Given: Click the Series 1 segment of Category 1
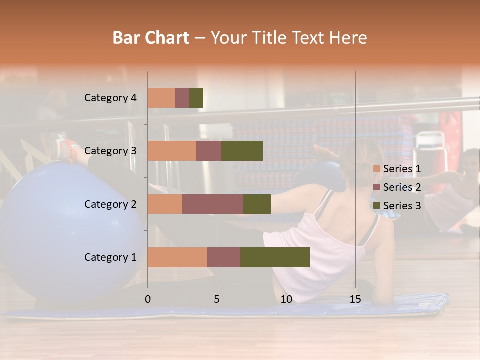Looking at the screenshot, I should [x=177, y=257].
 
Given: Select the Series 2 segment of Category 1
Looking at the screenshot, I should [x=224, y=257].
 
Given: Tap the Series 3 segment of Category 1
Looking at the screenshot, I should [x=275, y=257].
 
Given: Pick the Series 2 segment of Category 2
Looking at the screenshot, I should [x=213, y=204].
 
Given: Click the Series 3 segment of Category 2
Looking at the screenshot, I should [x=257, y=204].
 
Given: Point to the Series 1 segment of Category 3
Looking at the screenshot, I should [x=172, y=151].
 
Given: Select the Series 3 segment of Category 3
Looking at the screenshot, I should [x=242, y=151].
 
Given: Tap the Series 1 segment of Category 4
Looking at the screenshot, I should [x=161, y=98].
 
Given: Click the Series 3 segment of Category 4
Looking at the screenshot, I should [x=196, y=98].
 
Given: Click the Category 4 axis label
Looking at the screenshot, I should [x=110, y=98].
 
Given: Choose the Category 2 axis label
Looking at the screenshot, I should [x=110, y=204].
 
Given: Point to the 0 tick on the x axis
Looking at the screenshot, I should [x=148, y=299].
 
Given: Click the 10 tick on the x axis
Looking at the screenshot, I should [x=286, y=299].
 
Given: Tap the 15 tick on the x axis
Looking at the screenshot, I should [x=355, y=299].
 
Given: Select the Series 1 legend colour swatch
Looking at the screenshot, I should [x=377, y=169].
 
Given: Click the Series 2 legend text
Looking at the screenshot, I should [x=402, y=187].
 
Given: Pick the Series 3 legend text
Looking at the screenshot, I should [x=402, y=206].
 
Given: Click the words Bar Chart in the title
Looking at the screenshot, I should [x=151, y=38].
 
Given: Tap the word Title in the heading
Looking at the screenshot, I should [x=270, y=38].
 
